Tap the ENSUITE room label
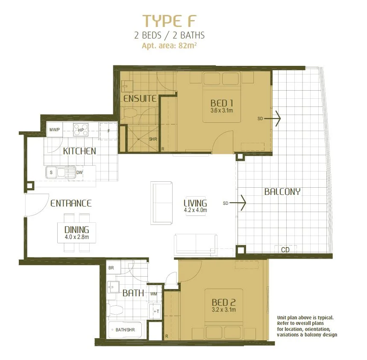pyautogui.click(x=140, y=98)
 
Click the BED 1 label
pyautogui.click(x=222, y=103)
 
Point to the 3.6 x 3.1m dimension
pyautogui.click(x=222, y=110)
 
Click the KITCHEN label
pyautogui.click(x=79, y=151)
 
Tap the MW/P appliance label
pyautogui.click(x=54, y=130)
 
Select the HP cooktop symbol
pyautogui.click(x=80, y=129)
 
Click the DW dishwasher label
pyautogui.click(x=79, y=173)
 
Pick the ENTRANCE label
pyautogui.click(x=71, y=204)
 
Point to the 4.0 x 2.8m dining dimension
pyautogui.click(x=77, y=237)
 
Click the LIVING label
pyautogui.click(x=195, y=203)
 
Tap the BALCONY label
pyautogui.click(x=282, y=192)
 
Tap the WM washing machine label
pyautogui.click(x=153, y=294)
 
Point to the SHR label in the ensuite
pyautogui.click(x=153, y=139)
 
